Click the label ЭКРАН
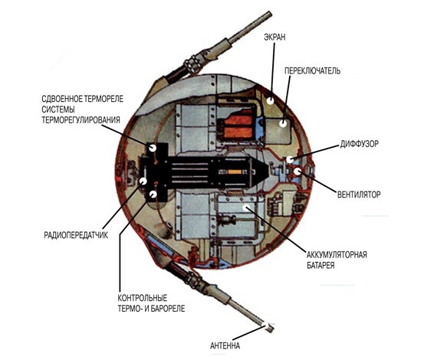point(274,37)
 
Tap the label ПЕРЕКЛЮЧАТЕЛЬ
point(312,70)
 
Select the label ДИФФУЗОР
point(359,144)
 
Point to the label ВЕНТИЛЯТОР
point(359,195)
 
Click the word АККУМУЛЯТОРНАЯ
point(337,254)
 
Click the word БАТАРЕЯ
point(320,265)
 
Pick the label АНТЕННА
point(225,345)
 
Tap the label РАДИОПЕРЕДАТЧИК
point(76,235)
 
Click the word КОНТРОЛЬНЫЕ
point(143,298)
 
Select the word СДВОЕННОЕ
point(61,99)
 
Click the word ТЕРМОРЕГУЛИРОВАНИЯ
point(81,120)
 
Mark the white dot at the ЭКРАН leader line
point(270,101)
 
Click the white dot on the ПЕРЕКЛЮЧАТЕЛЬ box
point(283,123)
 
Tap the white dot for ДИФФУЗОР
point(290,159)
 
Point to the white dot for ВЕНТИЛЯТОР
point(297,172)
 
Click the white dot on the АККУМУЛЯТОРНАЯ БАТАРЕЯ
point(247,208)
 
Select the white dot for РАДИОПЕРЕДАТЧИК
point(143,181)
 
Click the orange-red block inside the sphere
point(238,127)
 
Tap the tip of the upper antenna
point(270,13)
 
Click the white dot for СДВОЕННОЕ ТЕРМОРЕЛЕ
point(153,148)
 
